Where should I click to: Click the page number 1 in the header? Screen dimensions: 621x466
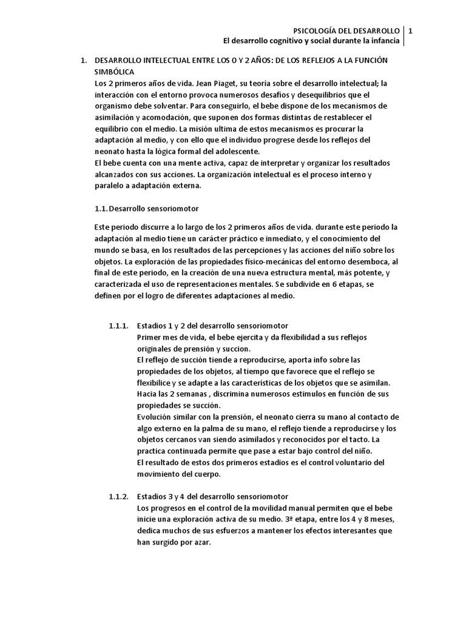[411, 30]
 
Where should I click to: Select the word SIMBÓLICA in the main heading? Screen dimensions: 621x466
[115, 72]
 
